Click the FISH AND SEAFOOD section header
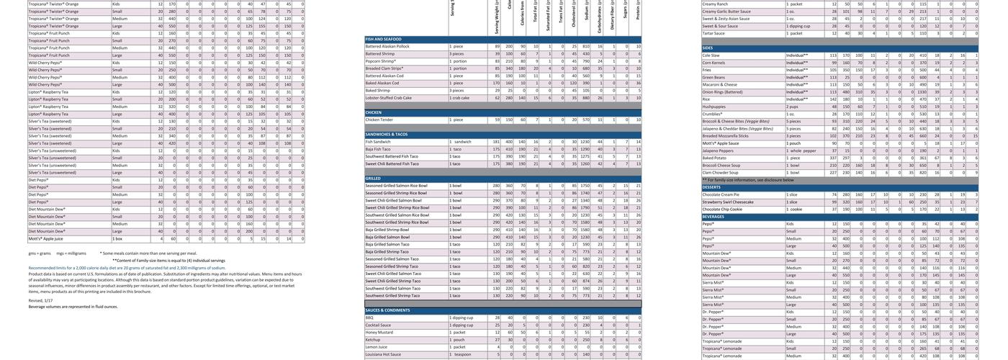pos(383,39)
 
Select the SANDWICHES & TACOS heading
pos(387,135)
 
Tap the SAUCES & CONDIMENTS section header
pos(387,310)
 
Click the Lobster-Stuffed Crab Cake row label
pos(389,98)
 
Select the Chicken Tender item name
pos(379,120)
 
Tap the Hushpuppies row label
pos(714,107)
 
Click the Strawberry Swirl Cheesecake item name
pos(728,202)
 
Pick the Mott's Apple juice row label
pos(45,238)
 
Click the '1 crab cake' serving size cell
pos(460,98)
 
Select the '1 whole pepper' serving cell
pos(801,150)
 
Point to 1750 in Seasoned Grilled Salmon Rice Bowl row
pos(585,186)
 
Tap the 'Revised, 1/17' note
pos(40,300)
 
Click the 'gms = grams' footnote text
pos(40,253)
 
